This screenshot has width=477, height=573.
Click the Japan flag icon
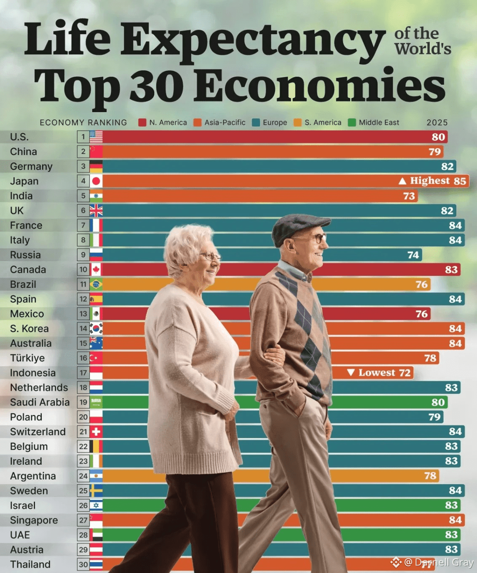click(96, 181)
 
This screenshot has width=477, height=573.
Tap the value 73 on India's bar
click(409, 196)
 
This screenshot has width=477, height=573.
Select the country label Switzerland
click(38, 432)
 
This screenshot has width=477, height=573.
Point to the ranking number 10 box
click(83, 270)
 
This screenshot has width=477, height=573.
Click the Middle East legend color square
click(352, 123)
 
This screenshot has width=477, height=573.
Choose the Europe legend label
click(275, 123)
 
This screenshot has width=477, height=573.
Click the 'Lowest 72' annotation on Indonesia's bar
click(379, 373)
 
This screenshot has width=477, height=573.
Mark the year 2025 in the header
click(437, 123)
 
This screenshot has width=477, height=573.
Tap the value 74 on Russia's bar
click(413, 255)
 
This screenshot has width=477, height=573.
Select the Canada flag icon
click(96, 270)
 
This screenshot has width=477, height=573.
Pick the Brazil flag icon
click(96, 284)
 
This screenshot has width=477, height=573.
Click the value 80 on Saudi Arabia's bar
click(438, 402)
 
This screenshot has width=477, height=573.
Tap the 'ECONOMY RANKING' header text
click(83, 123)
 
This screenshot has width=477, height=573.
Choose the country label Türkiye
click(27, 358)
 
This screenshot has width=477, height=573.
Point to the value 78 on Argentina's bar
click(430, 476)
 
